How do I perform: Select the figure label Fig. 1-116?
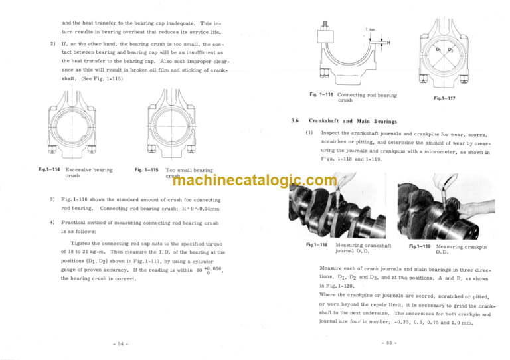point(321,95)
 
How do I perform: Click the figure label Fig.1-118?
point(317,246)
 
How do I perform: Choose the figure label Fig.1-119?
point(418,246)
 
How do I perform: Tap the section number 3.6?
point(296,122)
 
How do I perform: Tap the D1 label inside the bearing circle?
point(438,50)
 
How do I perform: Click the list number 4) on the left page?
point(52,222)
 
